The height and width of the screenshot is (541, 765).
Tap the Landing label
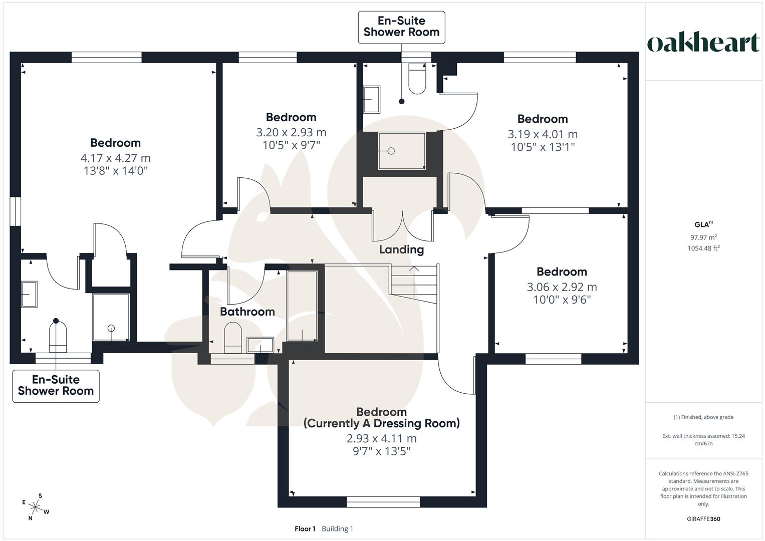point(401,249)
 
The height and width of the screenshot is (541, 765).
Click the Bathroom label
point(247,312)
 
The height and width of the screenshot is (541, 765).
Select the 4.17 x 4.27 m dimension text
point(115,158)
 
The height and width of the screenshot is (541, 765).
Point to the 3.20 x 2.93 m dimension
point(291,132)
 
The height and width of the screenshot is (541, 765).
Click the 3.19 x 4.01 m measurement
point(543,134)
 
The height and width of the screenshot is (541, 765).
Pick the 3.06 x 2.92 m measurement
point(562,287)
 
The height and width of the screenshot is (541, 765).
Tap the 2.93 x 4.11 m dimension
point(381,438)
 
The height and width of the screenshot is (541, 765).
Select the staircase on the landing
point(414,284)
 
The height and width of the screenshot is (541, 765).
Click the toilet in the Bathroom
point(233,338)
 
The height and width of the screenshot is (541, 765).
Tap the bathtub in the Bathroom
point(302,307)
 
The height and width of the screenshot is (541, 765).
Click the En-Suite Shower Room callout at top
point(401,27)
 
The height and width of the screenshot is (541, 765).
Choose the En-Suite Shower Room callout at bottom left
point(56,386)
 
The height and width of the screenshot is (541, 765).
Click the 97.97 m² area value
point(703,237)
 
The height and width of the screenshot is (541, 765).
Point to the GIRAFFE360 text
point(703,519)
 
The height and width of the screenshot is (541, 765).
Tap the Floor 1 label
point(305,528)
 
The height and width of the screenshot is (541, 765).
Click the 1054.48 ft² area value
point(703,248)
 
